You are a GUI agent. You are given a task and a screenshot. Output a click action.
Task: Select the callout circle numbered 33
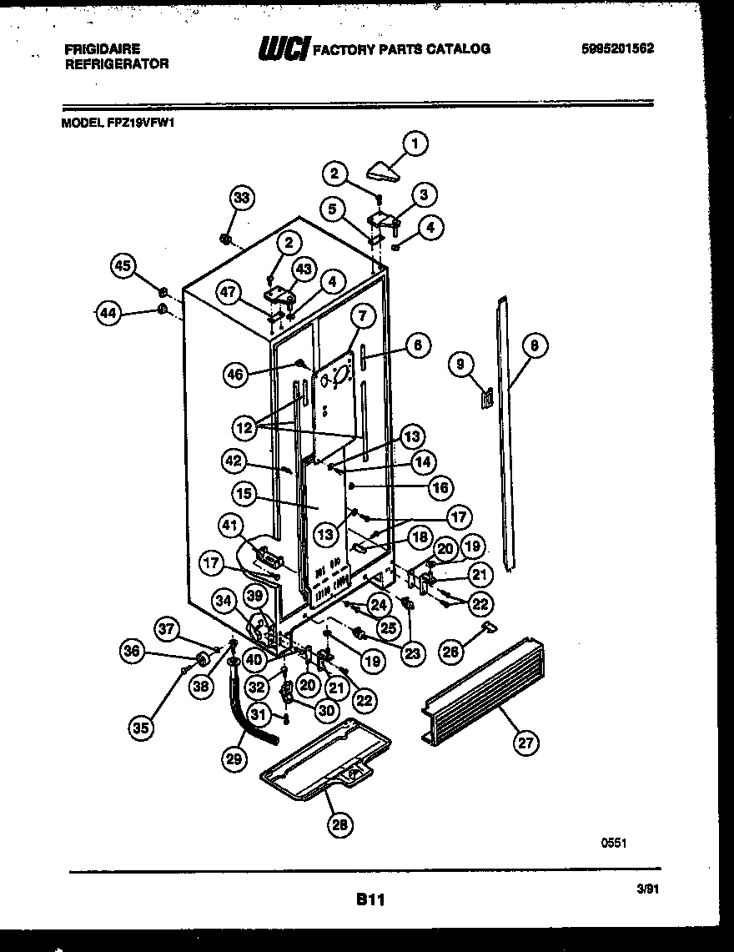pyautogui.click(x=241, y=198)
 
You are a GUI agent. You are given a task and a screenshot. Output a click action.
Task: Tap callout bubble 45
pyautogui.click(x=123, y=266)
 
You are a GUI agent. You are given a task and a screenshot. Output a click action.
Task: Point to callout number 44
pyautogui.click(x=107, y=314)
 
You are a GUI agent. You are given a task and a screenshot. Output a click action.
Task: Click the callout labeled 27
pyautogui.click(x=523, y=743)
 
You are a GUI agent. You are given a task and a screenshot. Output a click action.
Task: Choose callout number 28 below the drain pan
pyautogui.click(x=339, y=824)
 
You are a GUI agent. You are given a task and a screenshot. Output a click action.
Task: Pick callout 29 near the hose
pyautogui.click(x=234, y=758)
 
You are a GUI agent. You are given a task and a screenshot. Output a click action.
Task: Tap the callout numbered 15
pyautogui.click(x=244, y=493)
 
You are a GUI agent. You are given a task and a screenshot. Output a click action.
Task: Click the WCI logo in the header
pyautogui.click(x=284, y=49)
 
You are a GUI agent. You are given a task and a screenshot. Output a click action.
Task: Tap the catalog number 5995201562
pyautogui.click(x=617, y=48)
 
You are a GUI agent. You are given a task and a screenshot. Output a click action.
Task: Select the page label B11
pyautogui.click(x=369, y=899)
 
